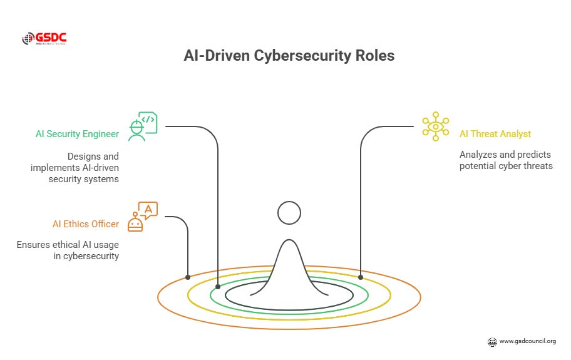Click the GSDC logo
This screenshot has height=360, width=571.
(x=44, y=39)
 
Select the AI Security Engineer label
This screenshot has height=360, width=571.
(x=77, y=134)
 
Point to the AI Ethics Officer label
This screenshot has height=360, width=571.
(x=86, y=224)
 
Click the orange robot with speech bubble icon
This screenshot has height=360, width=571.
(x=142, y=217)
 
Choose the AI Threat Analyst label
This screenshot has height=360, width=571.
(x=495, y=134)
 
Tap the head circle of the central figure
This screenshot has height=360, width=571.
(x=289, y=213)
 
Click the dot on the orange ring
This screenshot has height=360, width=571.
(x=188, y=277)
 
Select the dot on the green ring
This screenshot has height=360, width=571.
(x=218, y=287)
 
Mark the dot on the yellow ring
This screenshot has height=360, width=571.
(x=361, y=277)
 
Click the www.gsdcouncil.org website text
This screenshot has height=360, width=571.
(x=527, y=341)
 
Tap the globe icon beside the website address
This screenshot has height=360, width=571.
(x=492, y=342)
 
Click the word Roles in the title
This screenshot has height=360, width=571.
(x=374, y=56)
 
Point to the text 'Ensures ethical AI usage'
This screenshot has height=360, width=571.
(x=68, y=245)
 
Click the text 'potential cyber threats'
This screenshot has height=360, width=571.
(x=506, y=167)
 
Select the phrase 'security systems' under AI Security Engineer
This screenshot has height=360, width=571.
(x=83, y=179)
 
